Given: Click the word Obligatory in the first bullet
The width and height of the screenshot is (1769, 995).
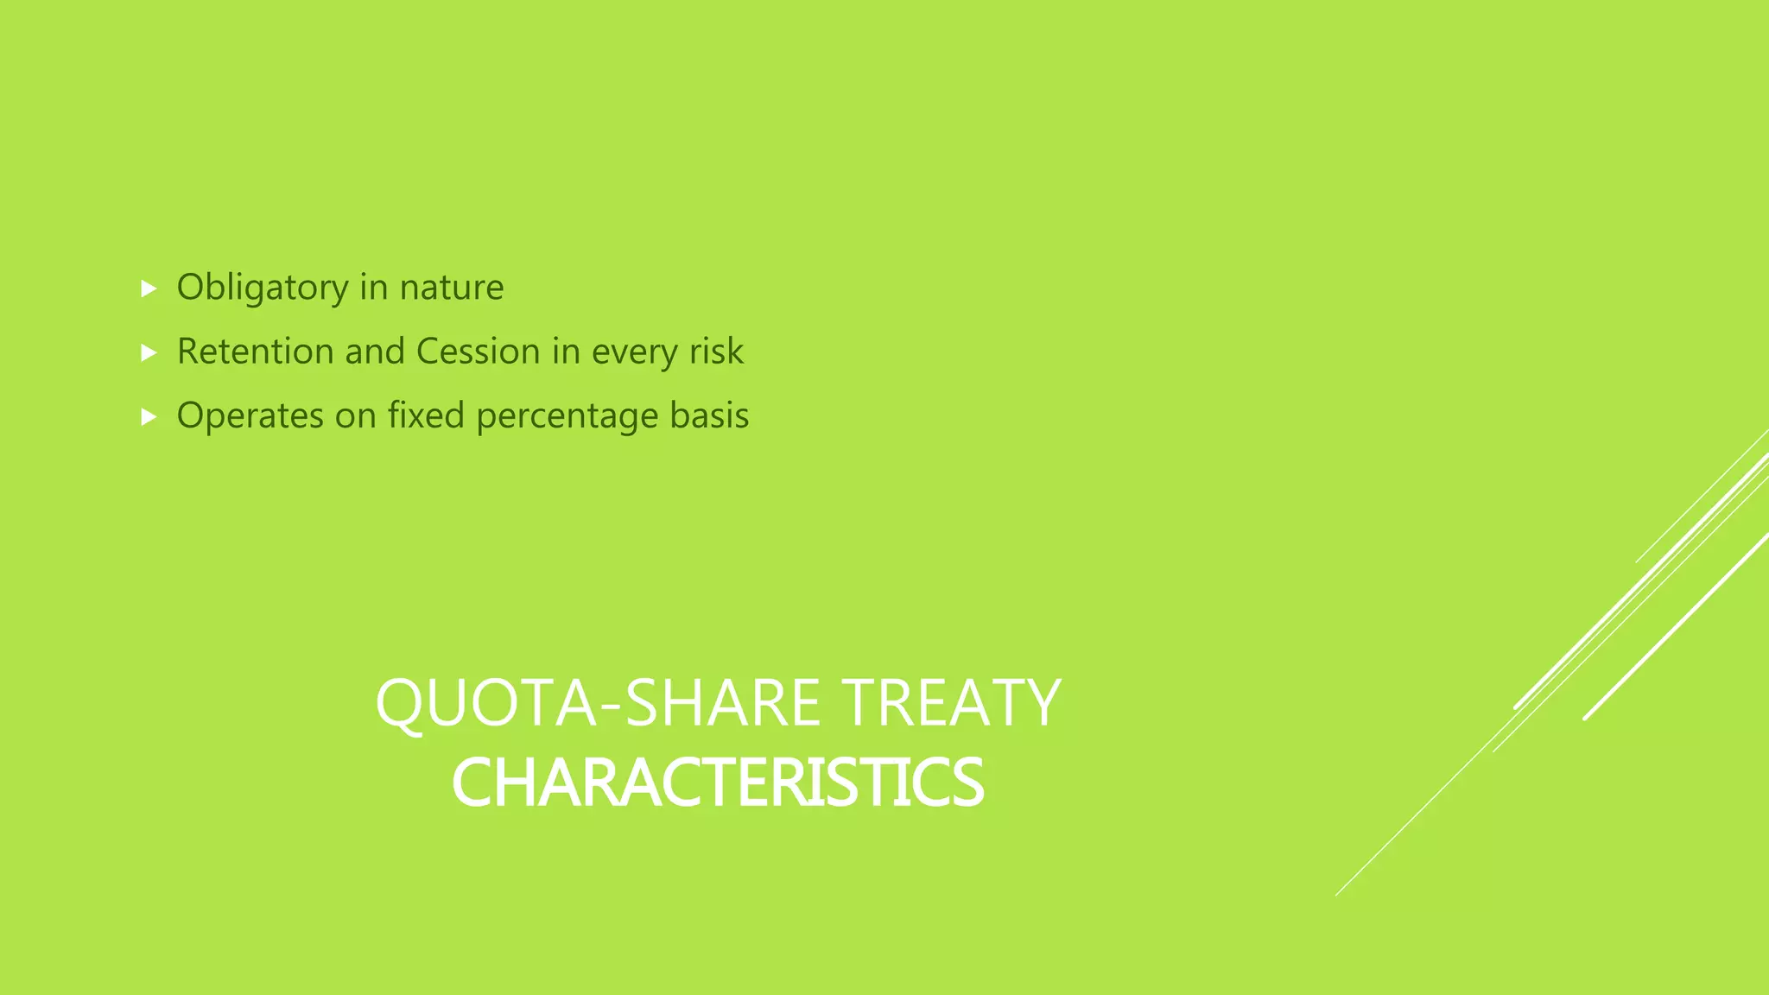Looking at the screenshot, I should coord(262,288).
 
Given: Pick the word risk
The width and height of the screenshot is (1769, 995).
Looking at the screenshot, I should coord(716,352).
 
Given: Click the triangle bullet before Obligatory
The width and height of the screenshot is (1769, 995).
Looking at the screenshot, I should coord(149,288).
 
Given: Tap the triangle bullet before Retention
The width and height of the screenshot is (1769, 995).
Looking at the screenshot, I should coord(149,352).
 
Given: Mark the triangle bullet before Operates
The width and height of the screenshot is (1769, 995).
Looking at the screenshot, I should coord(149,417).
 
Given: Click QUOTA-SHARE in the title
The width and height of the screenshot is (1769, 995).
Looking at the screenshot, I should coord(598,703).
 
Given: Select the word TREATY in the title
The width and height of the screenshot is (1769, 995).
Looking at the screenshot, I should coord(951,703).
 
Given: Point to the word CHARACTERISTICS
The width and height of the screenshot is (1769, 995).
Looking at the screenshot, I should coord(718,783).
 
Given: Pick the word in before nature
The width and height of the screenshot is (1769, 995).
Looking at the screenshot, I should coord(373,288).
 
